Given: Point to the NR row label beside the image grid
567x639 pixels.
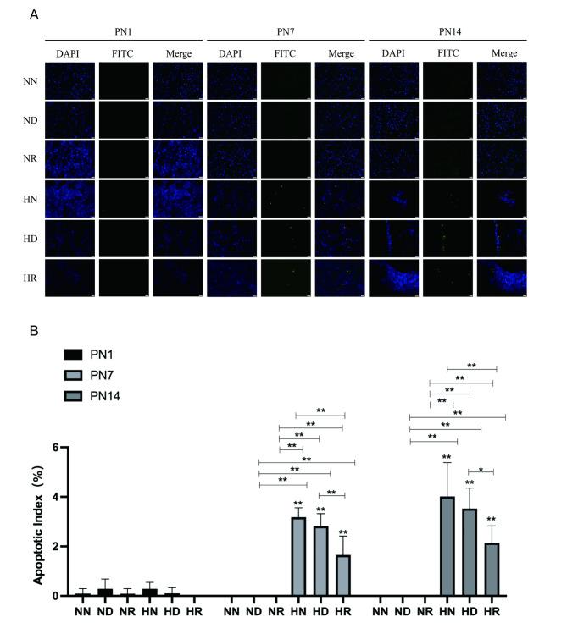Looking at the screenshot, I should click(30, 160).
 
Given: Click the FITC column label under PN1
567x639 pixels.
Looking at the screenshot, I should click(125, 54).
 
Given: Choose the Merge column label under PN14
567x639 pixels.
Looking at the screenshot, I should click(503, 54).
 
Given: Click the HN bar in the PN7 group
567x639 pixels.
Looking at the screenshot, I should click(298, 556).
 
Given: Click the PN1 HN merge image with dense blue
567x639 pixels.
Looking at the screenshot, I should click(179, 199).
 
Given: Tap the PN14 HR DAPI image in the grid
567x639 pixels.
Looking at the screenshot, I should click(395, 278).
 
